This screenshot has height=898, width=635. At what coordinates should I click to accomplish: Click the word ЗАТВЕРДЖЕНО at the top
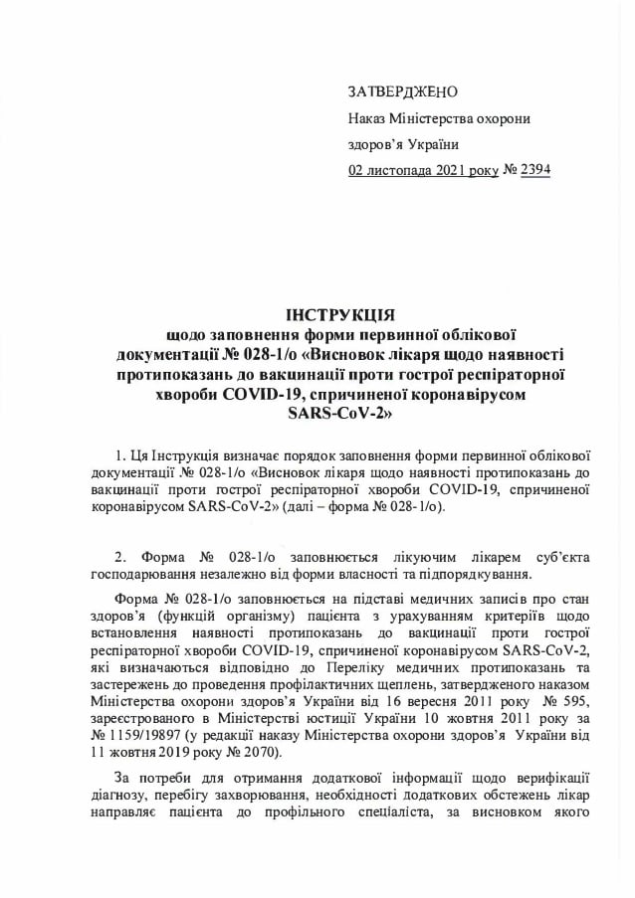click(x=402, y=92)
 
